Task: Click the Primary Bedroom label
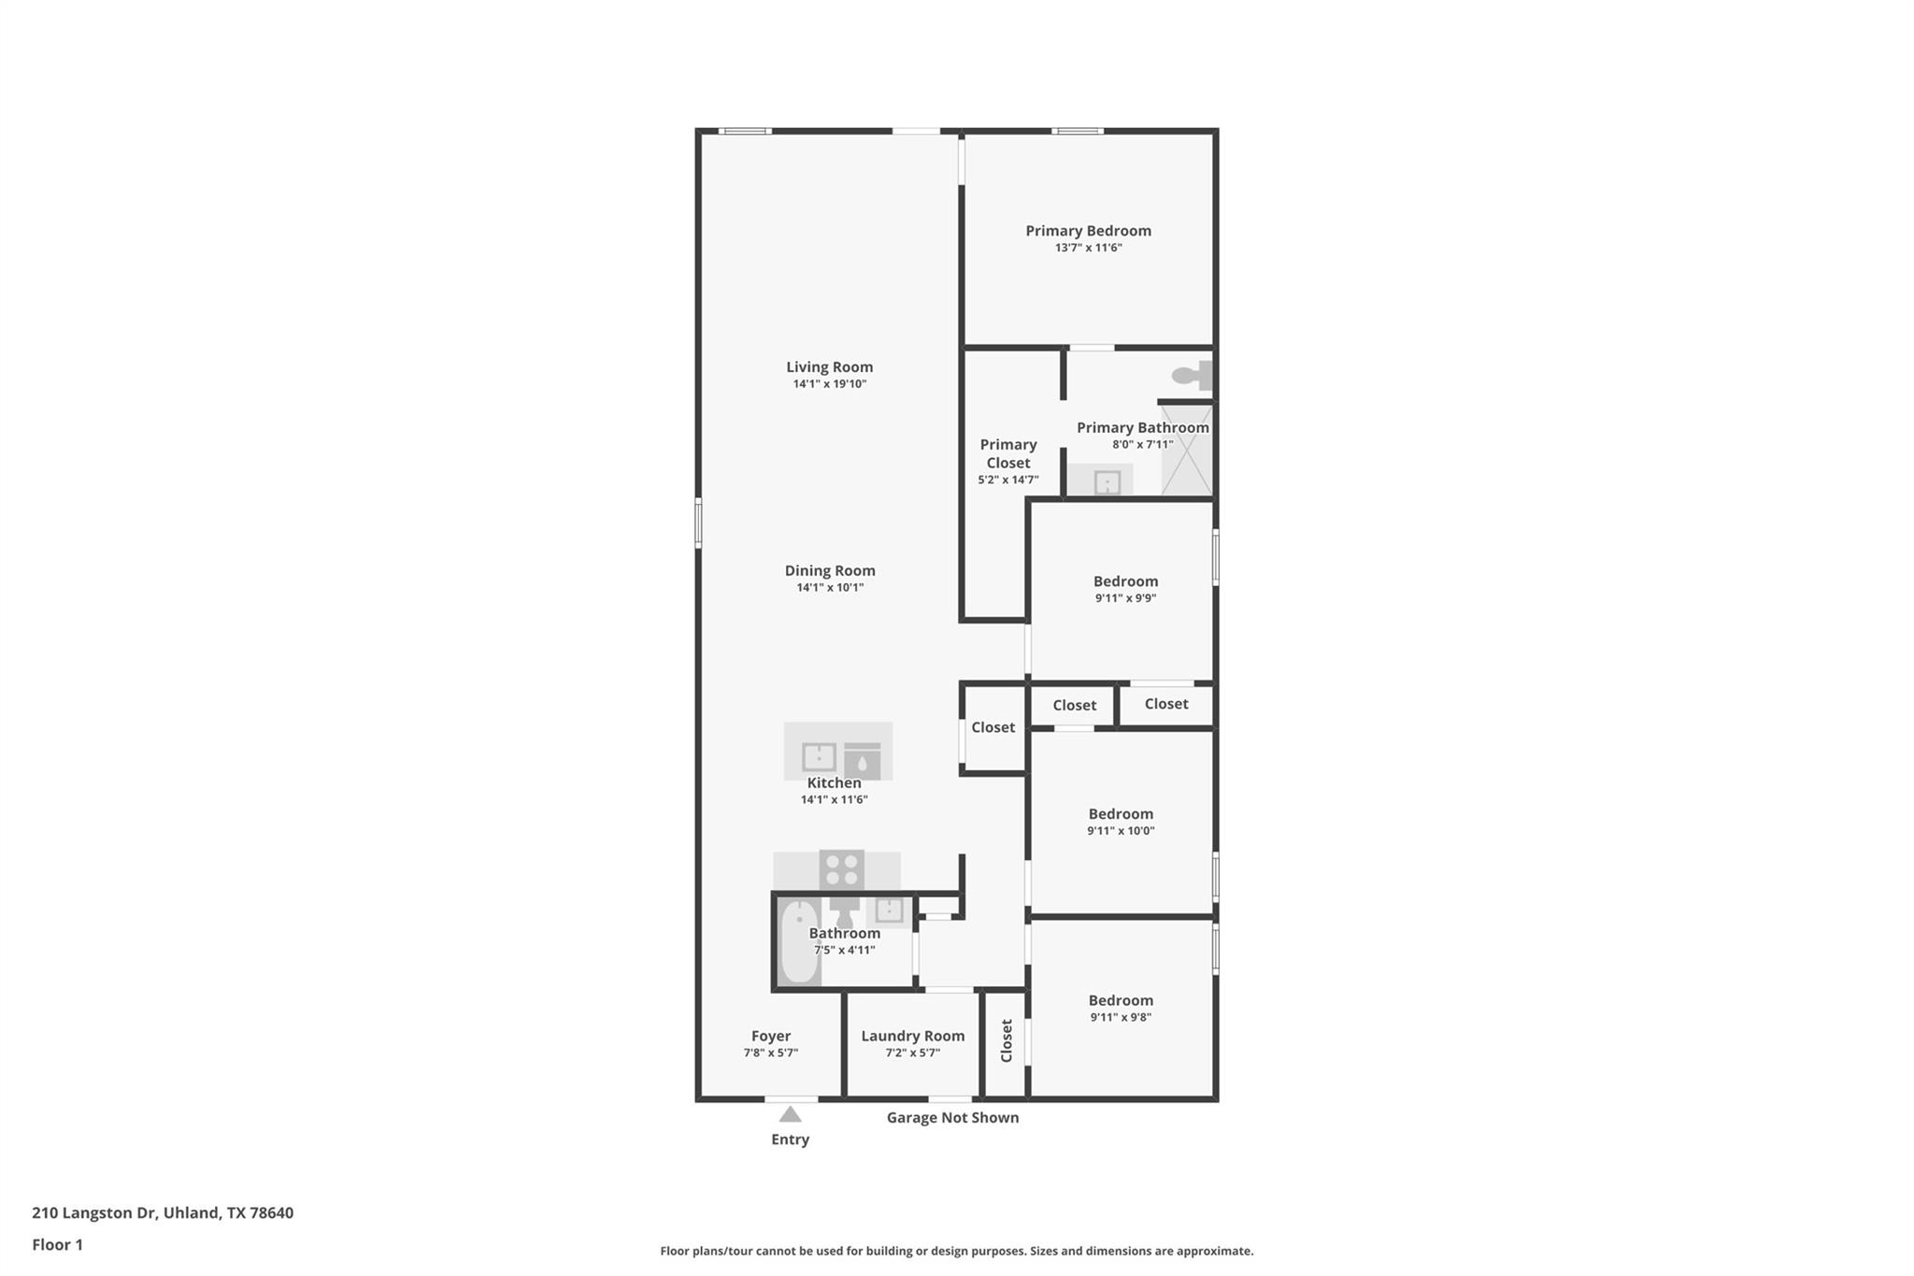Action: click(1088, 231)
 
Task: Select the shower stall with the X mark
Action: click(1187, 450)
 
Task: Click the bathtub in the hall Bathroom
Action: click(799, 941)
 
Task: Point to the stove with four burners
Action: click(841, 869)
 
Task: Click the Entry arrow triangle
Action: click(790, 1114)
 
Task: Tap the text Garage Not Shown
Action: click(952, 1118)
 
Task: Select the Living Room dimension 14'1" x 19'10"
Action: click(830, 384)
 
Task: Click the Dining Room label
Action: click(830, 570)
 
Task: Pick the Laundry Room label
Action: click(912, 1036)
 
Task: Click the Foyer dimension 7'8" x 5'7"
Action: click(770, 1053)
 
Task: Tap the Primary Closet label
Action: click(1008, 453)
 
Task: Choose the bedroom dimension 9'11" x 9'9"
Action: click(1125, 598)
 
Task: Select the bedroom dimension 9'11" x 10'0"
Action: click(1121, 830)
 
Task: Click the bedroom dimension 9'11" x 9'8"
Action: click(1121, 1017)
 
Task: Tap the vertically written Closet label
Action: click(1007, 1040)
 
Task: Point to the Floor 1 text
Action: click(57, 1244)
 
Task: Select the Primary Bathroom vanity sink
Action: click(1107, 482)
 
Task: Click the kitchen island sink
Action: click(820, 756)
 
